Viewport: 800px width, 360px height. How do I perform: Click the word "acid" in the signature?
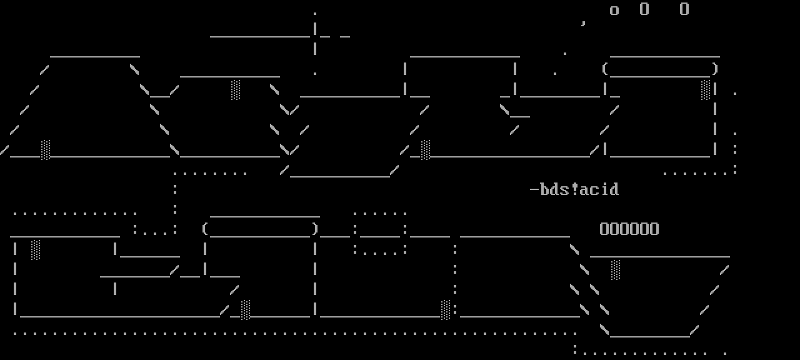tap(599, 189)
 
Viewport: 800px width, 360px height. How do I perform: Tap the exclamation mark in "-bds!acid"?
tap(575, 189)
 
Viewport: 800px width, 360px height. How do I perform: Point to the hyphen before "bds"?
tap(534, 189)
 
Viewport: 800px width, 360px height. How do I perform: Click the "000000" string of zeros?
tap(629, 229)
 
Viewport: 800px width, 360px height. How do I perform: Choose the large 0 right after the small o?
tap(644, 9)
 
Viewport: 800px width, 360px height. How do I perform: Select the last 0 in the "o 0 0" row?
tap(684, 9)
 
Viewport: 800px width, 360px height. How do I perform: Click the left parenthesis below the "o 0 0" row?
tap(604, 69)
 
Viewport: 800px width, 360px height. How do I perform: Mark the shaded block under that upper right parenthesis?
tap(706, 89)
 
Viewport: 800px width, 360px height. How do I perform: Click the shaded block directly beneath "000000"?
tap(616, 269)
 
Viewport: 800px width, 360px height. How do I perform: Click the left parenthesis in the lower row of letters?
tap(204, 229)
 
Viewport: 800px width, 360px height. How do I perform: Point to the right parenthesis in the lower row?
tap(316, 229)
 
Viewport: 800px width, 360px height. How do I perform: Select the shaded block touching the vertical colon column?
tap(446, 309)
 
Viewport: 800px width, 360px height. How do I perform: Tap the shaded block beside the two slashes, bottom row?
tap(246, 309)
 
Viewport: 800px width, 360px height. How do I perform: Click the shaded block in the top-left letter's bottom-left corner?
tap(46, 149)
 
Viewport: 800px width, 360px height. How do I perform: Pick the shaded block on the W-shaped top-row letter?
tap(236, 89)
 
